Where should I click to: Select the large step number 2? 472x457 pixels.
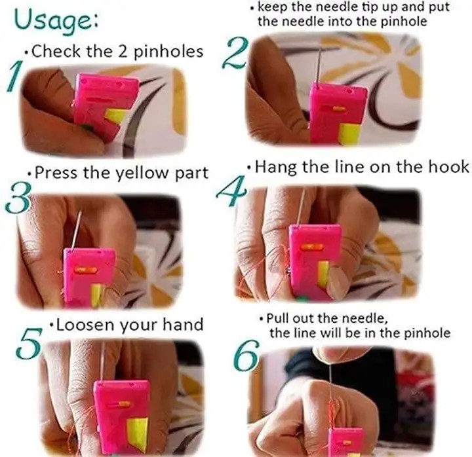coord(236,53)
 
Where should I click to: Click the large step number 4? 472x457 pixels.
coord(232,191)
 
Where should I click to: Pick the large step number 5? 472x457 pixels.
coord(29,343)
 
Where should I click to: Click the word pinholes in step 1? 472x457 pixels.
coord(168,52)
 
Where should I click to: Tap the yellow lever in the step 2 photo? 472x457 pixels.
coord(350,134)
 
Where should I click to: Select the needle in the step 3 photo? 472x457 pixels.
coord(77,229)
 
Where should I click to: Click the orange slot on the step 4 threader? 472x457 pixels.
coord(312,247)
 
